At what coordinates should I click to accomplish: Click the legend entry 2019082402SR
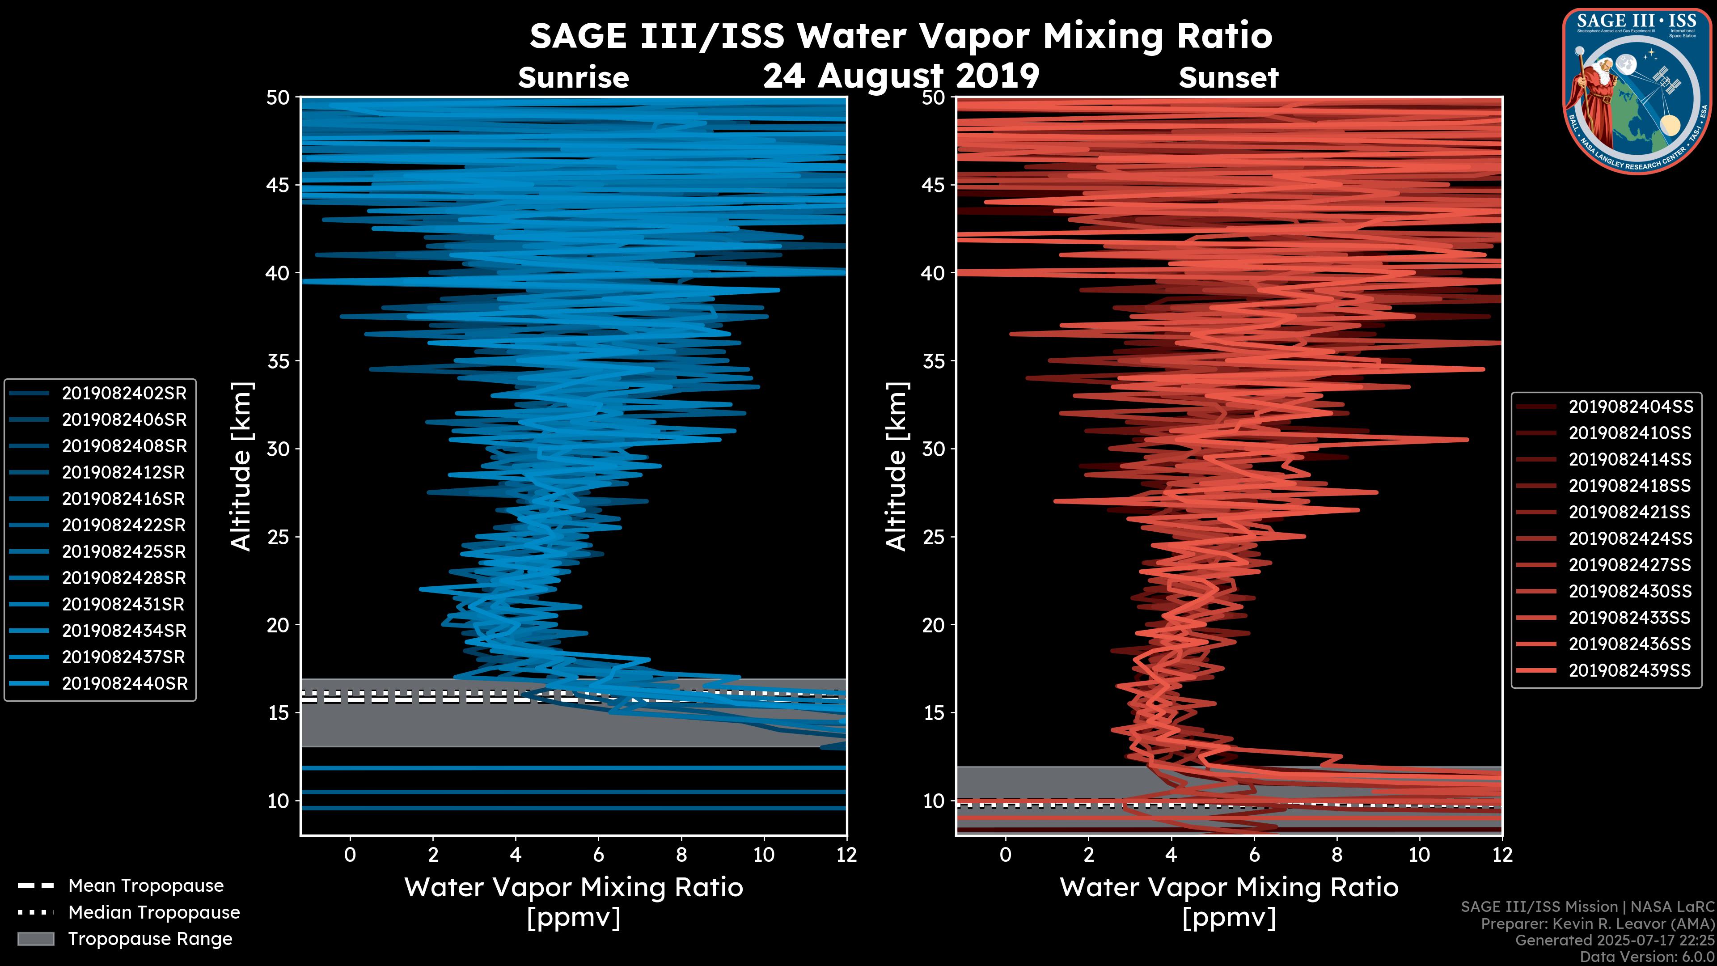coord(124,394)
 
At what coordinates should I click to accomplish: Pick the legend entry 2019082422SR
coord(123,525)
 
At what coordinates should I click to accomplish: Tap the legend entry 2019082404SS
coord(1630,407)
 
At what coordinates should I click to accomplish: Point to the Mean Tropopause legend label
coord(146,885)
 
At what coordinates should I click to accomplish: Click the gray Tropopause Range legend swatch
coord(36,939)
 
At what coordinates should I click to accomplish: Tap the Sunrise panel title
coord(573,78)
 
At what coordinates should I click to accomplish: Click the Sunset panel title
coord(1228,78)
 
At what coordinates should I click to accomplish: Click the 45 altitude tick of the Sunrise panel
coord(279,185)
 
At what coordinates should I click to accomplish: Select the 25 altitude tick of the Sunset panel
coord(934,537)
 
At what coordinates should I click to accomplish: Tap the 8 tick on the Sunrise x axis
coord(681,855)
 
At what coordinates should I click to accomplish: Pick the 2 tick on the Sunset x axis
coord(1088,855)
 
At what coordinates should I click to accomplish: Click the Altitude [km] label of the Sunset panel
coord(897,466)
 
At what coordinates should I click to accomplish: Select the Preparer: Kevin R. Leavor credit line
coord(1597,924)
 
